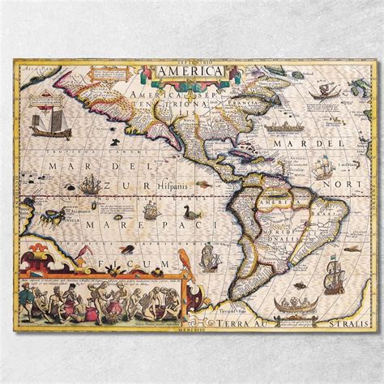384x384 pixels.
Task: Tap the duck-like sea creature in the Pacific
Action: pos(192,215)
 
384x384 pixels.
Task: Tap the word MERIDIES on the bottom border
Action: pos(192,331)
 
